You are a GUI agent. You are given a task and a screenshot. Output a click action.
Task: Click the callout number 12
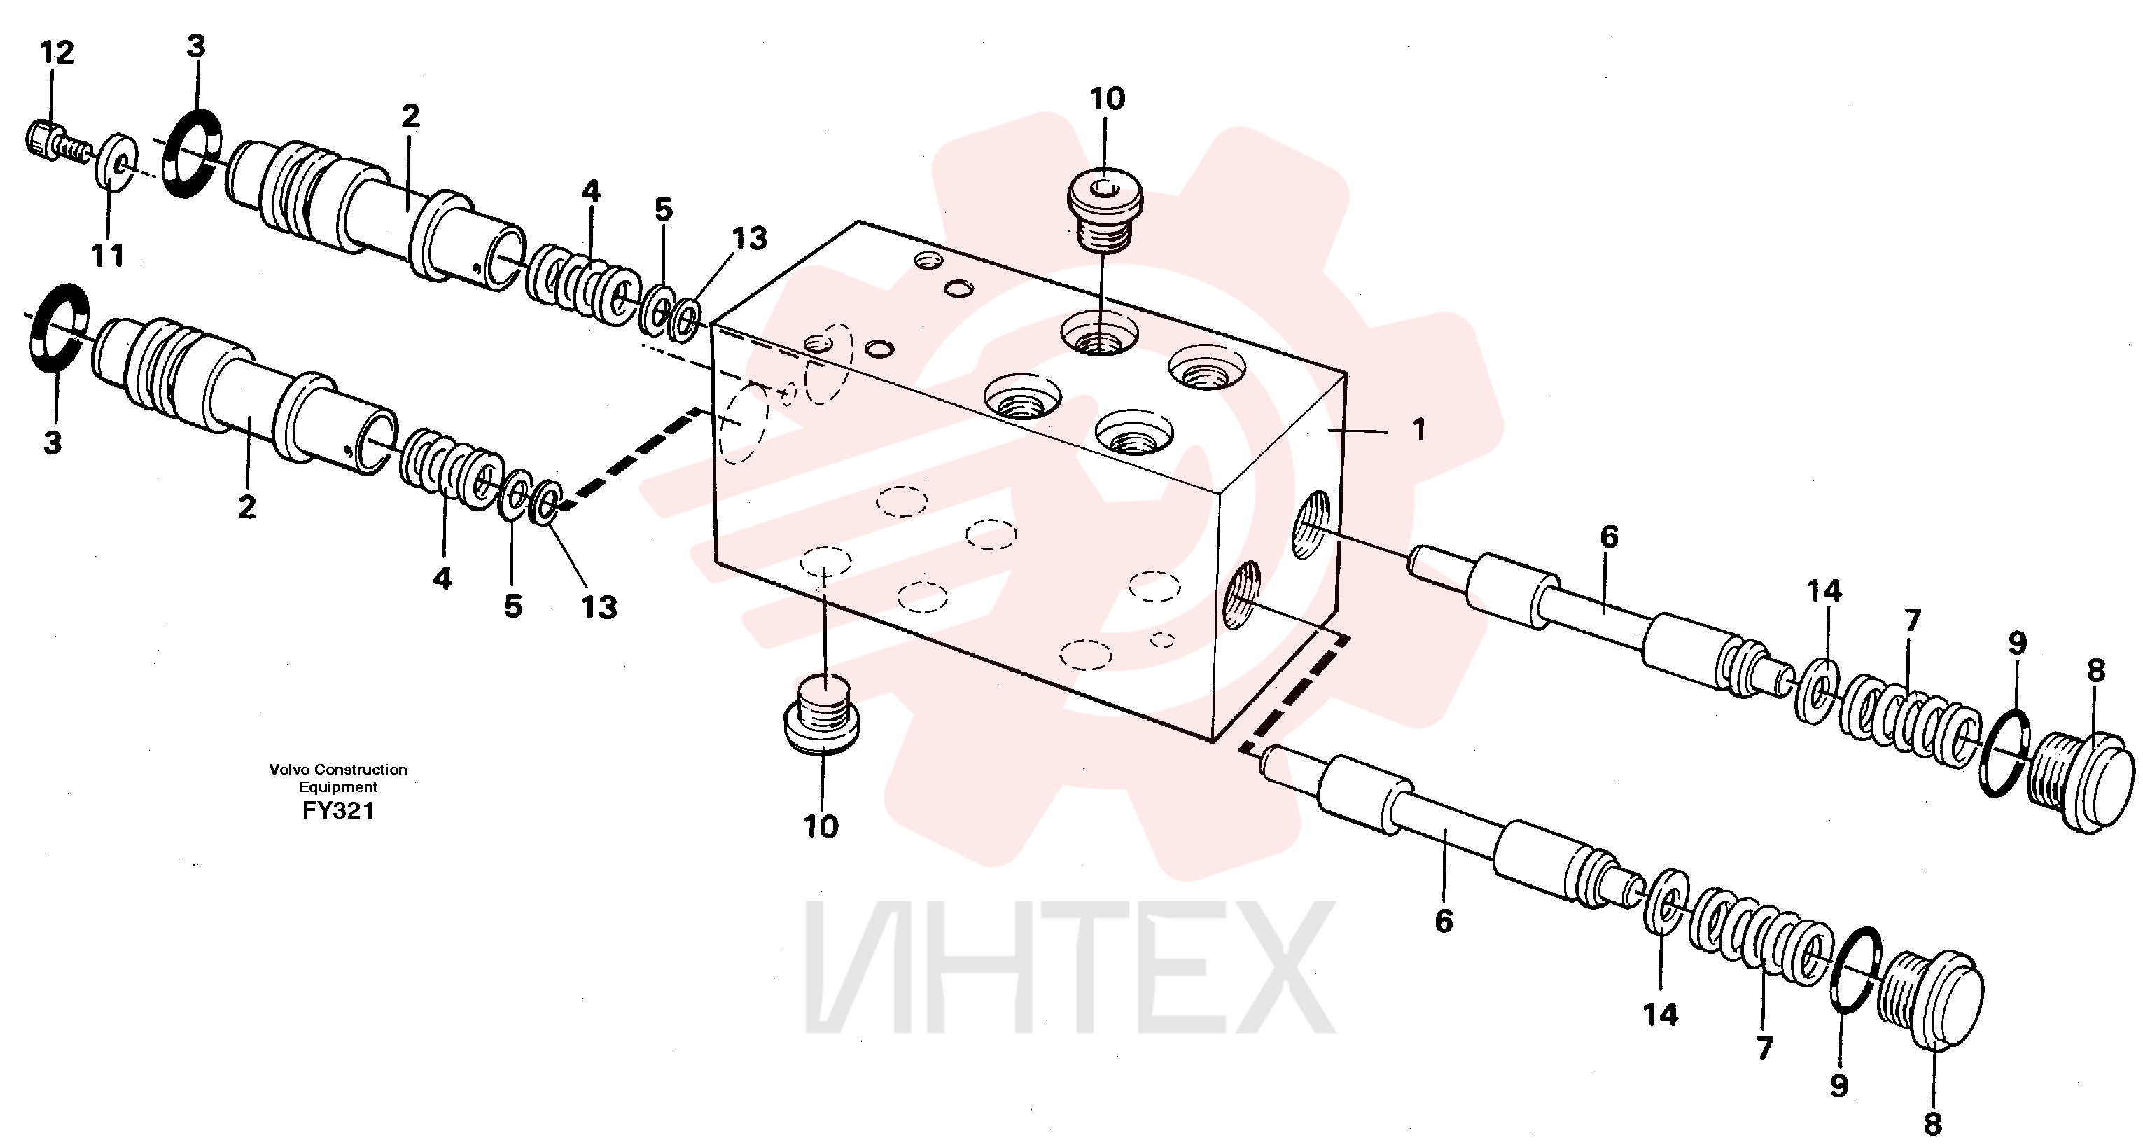pyautogui.click(x=57, y=53)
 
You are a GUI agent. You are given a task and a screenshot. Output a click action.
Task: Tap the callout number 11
pyautogui.click(x=108, y=256)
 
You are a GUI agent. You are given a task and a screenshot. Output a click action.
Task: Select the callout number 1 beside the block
pyautogui.click(x=1419, y=430)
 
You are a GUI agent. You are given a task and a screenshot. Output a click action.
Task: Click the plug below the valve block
pyautogui.click(x=822, y=716)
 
